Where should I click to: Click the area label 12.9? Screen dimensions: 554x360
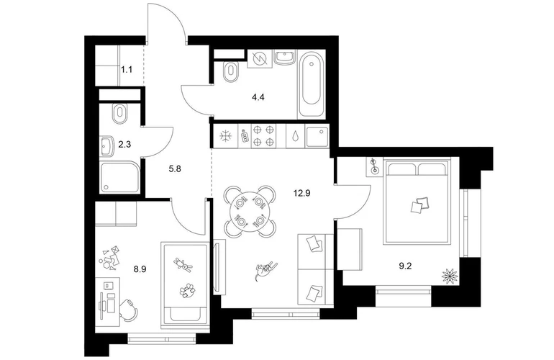(301, 193)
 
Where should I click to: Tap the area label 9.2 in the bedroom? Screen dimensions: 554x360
(405, 266)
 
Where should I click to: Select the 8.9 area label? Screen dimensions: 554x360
(140, 269)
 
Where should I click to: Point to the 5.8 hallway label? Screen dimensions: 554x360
(175, 169)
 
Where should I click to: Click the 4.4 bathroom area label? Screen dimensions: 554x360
(258, 97)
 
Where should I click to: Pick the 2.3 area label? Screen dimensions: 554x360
(124, 144)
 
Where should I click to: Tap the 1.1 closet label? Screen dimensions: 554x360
(127, 70)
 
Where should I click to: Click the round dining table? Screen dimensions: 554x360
(250, 212)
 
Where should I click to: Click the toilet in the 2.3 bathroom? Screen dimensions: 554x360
(119, 114)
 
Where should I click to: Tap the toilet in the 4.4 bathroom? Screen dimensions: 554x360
(232, 72)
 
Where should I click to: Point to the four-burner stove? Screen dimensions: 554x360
(263, 136)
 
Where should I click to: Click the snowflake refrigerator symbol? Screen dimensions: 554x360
(225, 136)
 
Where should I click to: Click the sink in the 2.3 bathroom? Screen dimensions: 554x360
(106, 146)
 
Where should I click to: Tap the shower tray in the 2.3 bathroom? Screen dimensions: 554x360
(119, 177)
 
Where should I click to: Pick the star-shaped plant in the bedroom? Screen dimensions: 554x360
(450, 276)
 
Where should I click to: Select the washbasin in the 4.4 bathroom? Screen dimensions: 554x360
(285, 58)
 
